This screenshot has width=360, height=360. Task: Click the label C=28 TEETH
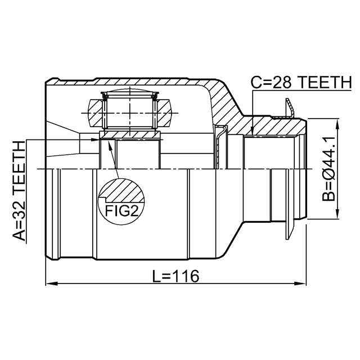click(301, 82)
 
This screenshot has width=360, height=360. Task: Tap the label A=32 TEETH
click(19, 191)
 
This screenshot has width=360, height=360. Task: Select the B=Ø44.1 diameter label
click(328, 168)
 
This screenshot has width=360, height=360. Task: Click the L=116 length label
click(176, 276)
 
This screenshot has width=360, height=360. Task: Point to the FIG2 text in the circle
click(121, 210)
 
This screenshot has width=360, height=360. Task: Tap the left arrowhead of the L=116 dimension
click(51, 283)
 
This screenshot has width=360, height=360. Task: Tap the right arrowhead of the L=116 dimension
click(300, 283)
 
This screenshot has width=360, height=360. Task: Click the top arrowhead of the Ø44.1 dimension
click(337, 124)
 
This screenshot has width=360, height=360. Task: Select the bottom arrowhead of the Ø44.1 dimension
click(337, 213)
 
